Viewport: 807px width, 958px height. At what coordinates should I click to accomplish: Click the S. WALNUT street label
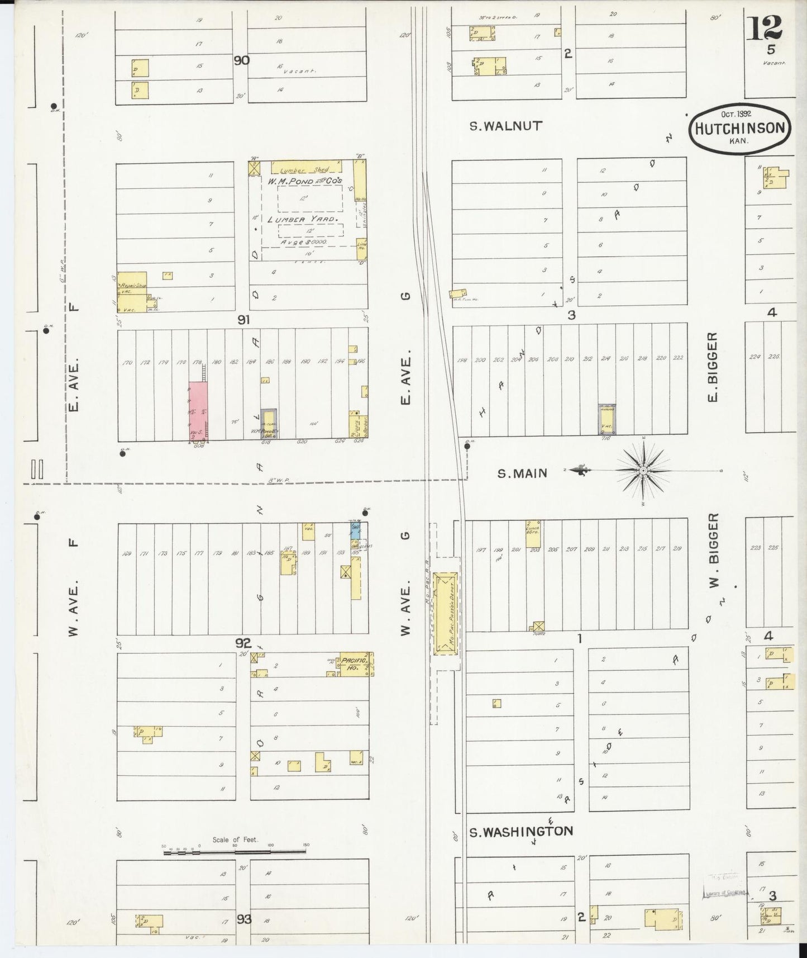pos(505,126)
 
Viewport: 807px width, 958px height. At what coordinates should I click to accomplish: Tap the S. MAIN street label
pos(522,473)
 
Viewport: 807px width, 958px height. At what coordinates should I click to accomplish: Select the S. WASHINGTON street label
pos(521,831)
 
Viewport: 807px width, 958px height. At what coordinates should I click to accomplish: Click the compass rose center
pos(643,471)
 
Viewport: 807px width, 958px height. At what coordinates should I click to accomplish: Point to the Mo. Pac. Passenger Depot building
pos(445,613)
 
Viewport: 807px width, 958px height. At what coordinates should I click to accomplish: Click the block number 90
pos(241,60)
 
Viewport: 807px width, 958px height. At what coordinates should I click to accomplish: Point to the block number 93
pos(244,918)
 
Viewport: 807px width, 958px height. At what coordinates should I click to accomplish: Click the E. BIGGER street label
pos(712,367)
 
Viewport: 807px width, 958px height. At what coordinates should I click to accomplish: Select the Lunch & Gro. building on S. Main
pos(535,529)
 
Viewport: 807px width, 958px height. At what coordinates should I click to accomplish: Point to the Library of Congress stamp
pos(724,893)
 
